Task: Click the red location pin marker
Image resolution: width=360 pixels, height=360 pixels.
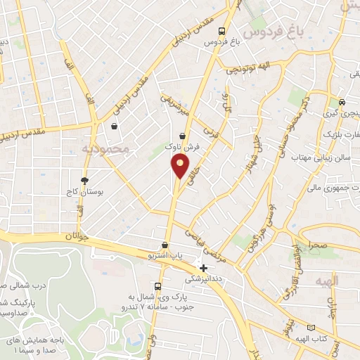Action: tap(180, 166)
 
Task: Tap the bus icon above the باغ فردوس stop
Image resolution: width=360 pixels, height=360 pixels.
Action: tap(222, 31)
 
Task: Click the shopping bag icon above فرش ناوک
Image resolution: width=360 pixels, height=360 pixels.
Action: tap(183, 136)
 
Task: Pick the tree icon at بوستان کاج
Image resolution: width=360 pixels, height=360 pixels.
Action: tap(85, 180)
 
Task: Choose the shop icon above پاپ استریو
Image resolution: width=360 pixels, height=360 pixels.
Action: tap(165, 245)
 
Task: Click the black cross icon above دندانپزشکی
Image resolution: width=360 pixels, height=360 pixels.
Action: tap(203, 268)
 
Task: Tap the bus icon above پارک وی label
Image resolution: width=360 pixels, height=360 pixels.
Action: tap(157, 286)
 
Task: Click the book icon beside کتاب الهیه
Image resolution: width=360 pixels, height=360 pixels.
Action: tap(312, 328)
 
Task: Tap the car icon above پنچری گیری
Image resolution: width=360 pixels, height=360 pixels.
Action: tap(342, 101)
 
